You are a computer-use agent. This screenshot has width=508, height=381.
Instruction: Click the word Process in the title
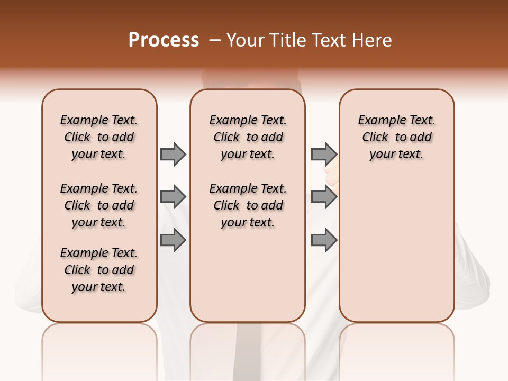point(164,40)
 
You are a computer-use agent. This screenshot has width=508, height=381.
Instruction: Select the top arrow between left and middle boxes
point(173,154)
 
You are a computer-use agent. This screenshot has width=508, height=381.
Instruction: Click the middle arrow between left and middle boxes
point(173,197)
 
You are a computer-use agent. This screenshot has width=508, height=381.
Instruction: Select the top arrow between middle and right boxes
point(324,154)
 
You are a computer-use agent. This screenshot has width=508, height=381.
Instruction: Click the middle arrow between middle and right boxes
point(324,197)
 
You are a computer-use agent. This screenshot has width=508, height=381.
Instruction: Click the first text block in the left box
point(99,137)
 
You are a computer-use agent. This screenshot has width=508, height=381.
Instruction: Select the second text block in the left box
point(99,205)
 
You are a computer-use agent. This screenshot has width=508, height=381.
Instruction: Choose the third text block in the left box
point(99,270)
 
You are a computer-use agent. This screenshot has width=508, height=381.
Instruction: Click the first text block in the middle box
point(248,137)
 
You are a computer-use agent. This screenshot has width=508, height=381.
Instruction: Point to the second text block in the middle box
point(248,205)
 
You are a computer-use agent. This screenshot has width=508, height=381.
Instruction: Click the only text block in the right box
point(397,137)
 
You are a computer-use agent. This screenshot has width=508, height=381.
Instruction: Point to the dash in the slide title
point(215,40)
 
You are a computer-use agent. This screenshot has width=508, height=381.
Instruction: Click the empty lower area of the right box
point(397,249)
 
